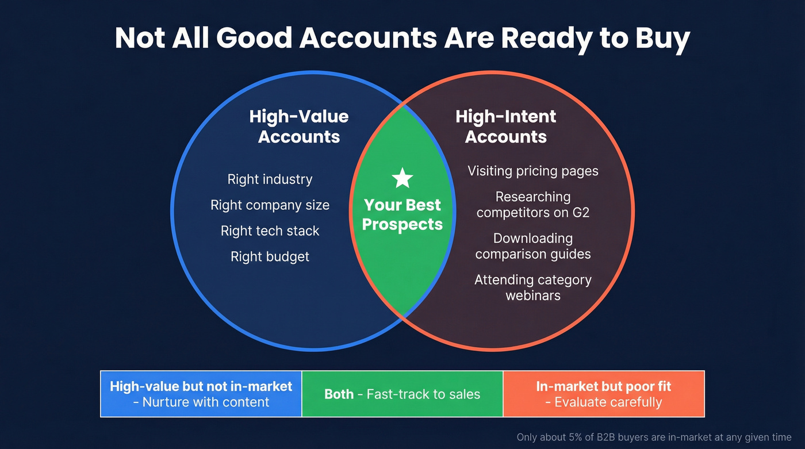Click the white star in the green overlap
pyautogui.click(x=402, y=179)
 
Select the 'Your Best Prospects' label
pyautogui.click(x=402, y=214)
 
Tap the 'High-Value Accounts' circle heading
pyautogui.click(x=299, y=126)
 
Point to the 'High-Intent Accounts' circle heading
pyautogui.click(x=506, y=126)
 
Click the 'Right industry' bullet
pyautogui.click(x=270, y=179)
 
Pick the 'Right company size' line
pyautogui.click(x=270, y=205)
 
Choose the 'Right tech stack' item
pyautogui.click(x=270, y=231)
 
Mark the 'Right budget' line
pyautogui.click(x=270, y=256)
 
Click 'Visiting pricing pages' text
pyautogui.click(x=532, y=171)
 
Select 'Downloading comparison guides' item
pyautogui.click(x=532, y=246)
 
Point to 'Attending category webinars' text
pyautogui.click(x=532, y=287)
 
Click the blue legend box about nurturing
pyautogui.click(x=201, y=394)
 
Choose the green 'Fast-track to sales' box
pyautogui.click(x=402, y=394)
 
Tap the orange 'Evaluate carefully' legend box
pyautogui.click(x=603, y=394)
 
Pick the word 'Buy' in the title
pyautogui.click(x=661, y=39)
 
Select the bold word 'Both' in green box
pyautogui.click(x=339, y=394)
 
